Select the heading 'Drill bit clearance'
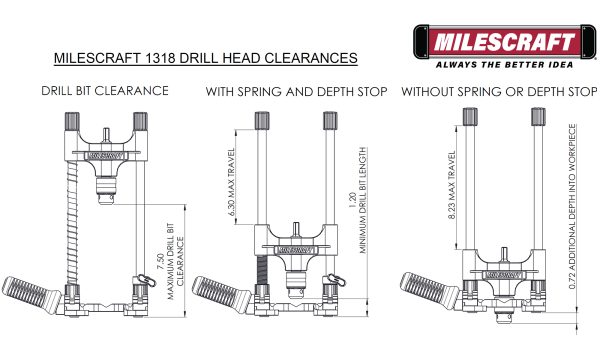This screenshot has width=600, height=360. [x=104, y=92]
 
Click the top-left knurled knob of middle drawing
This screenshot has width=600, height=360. [x=263, y=119]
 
